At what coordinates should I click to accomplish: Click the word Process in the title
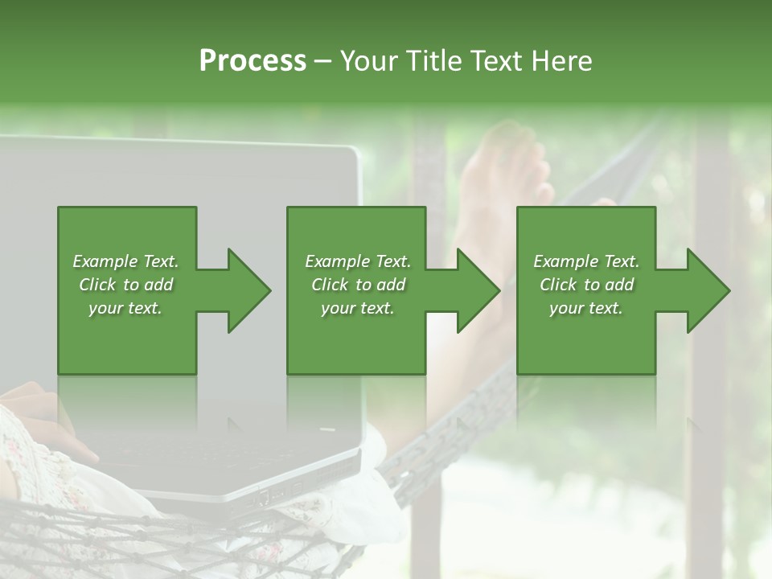(253, 61)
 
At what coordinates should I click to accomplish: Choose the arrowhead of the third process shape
(707, 290)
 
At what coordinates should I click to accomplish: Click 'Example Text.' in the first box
(125, 261)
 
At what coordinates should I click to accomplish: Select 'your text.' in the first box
(125, 308)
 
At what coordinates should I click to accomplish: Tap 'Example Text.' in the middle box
(357, 261)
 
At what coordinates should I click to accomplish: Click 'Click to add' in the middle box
(357, 285)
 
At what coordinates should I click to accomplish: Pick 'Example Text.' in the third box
(586, 261)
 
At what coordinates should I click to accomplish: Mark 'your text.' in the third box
(586, 308)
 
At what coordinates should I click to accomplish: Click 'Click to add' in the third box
(586, 285)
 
